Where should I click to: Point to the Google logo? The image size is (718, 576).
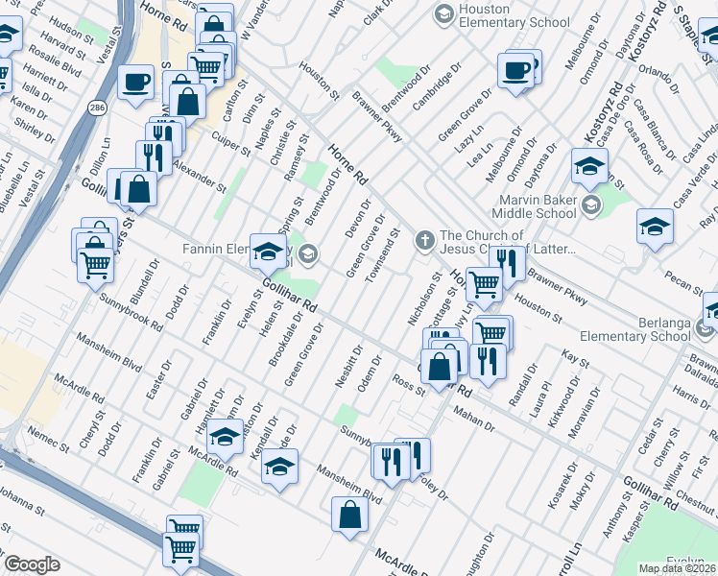[x=32, y=564]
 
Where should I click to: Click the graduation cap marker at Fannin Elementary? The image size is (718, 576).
[x=268, y=252]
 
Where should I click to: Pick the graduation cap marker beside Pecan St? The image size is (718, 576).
[x=655, y=227]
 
